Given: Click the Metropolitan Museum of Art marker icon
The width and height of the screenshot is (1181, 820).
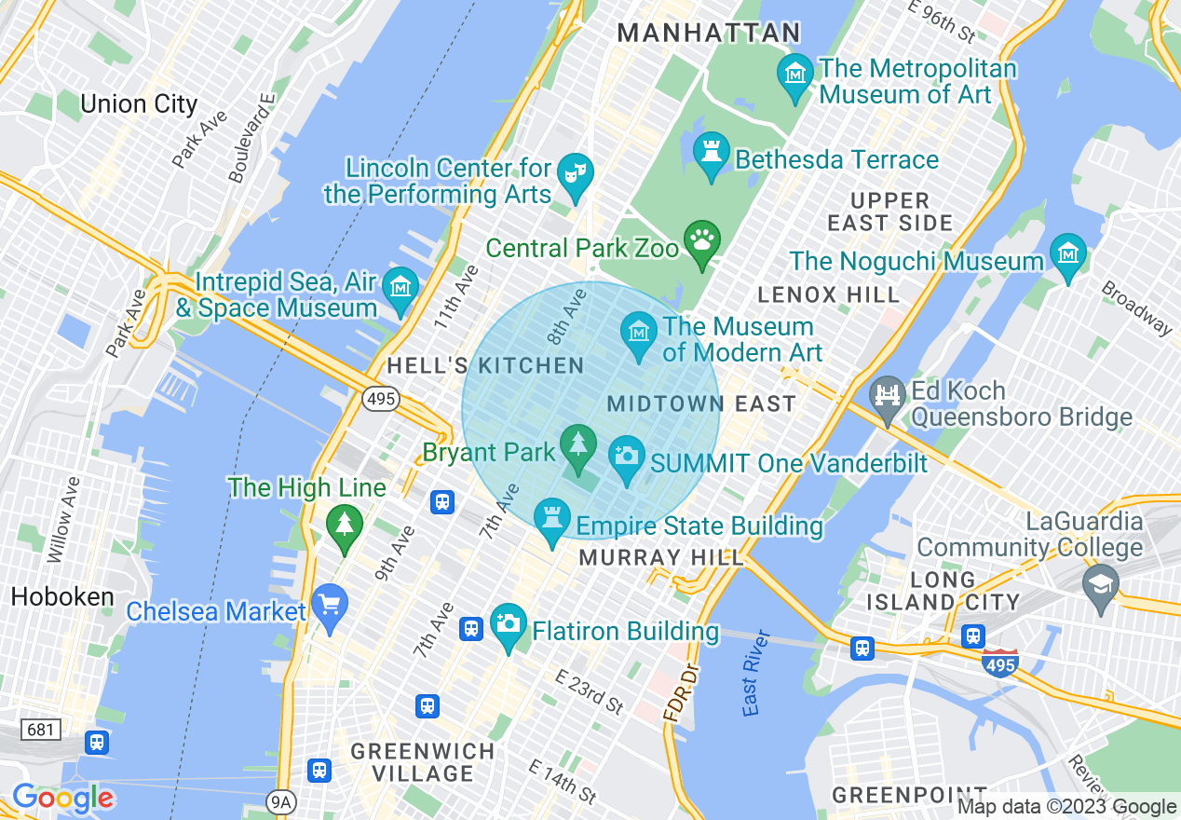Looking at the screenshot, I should point(794,72).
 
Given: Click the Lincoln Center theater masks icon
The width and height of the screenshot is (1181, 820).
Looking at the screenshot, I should point(575,172).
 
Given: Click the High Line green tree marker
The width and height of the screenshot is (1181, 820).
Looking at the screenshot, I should point(345,524).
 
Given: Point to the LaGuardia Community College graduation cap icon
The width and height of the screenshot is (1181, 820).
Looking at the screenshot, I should point(1100,583).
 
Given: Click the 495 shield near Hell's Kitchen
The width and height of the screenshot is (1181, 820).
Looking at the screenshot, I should point(382,400).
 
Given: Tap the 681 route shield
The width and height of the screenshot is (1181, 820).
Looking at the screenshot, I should point(40,729).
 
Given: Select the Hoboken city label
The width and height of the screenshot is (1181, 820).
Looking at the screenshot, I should point(62,597).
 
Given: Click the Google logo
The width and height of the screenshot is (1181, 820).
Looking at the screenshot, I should point(62,798).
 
